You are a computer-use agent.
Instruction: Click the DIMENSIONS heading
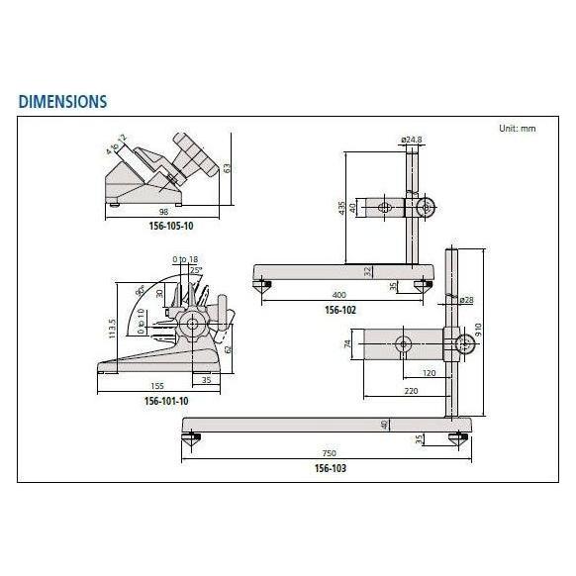[x=61, y=101]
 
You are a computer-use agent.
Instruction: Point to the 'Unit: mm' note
[x=515, y=129]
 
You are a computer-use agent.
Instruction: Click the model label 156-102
[x=339, y=309]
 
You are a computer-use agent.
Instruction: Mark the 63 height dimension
[x=227, y=167]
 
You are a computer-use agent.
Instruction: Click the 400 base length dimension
[x=340, y=296]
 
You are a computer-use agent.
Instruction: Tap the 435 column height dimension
[x=342, y=208]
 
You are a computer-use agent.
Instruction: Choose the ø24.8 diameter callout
[x=413, y=140]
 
